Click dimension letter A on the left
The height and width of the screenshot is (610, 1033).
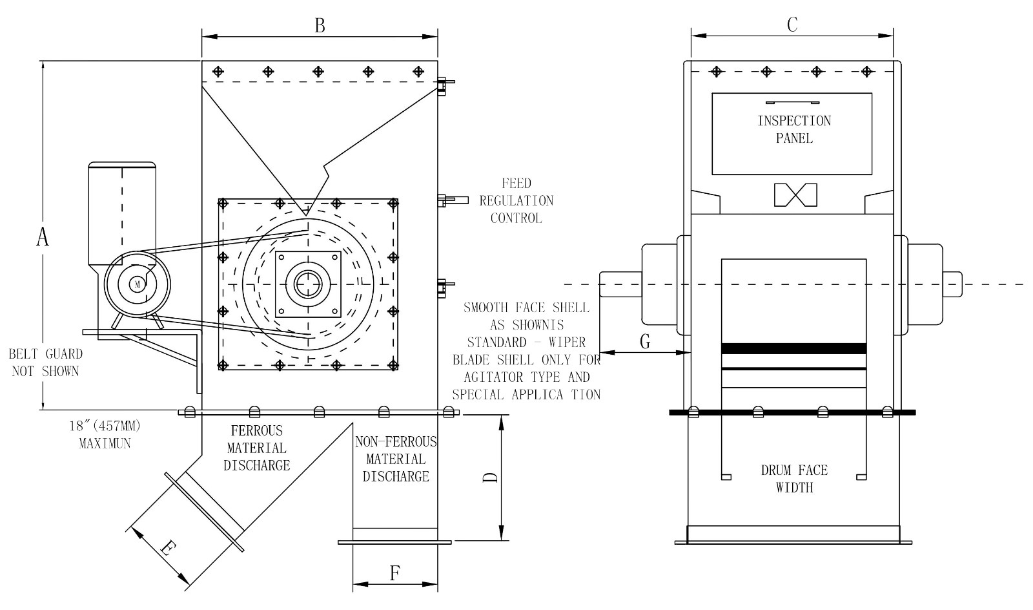[x=43, y=237]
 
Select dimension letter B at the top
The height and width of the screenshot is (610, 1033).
[x=319, y=25]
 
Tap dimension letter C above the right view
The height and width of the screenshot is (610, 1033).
[x=792, y=25]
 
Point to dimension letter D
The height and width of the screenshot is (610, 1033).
[x=491, y=478]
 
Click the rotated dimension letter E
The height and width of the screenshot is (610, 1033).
[x=167, y=549]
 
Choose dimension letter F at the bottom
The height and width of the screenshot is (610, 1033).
[x=394, y=573]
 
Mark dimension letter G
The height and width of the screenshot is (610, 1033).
[x=644, y=342]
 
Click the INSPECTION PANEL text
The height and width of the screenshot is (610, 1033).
[x=794, y=129]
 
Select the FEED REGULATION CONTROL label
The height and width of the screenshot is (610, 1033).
[x=516, y=200]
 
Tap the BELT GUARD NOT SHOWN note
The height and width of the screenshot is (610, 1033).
[x=45, y=363]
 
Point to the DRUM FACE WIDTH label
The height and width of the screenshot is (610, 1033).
[x=794, y=479]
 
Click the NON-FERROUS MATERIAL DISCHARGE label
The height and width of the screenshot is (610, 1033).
[x=395, y=459]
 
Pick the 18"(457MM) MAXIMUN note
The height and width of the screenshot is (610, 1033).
[x=105, y=435]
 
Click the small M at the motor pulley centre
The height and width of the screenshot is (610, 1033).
[x=137, y=284]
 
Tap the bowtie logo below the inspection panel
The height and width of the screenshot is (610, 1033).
[x=795, y=195]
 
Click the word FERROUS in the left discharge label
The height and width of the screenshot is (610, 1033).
[x=257, y=430]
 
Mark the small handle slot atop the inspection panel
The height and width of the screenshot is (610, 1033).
[x=792, y=102]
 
